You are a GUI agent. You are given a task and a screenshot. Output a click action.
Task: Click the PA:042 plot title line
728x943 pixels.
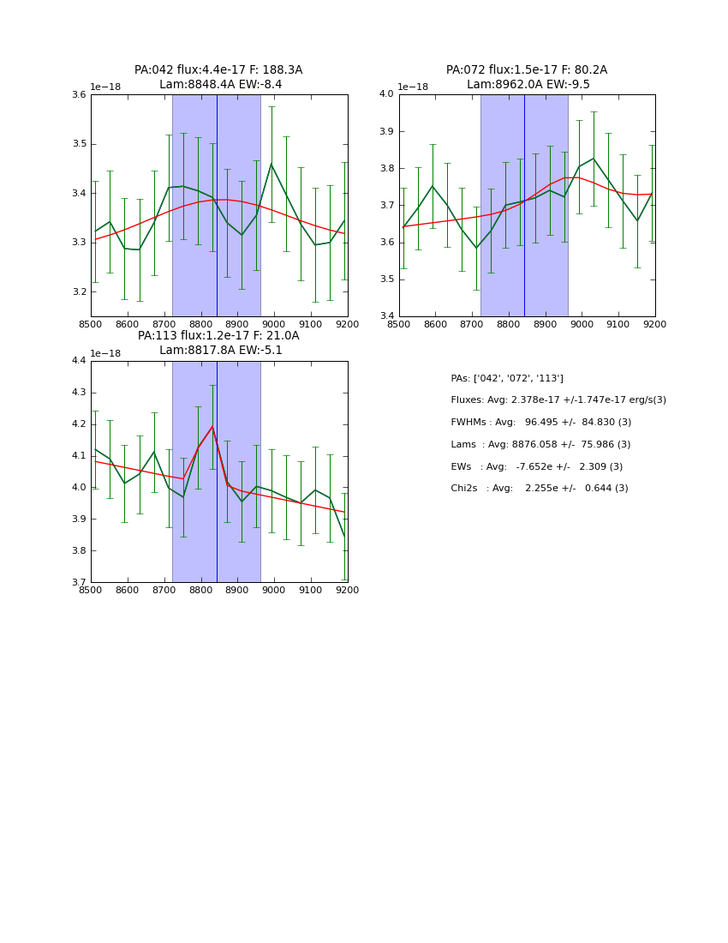click(218, 70)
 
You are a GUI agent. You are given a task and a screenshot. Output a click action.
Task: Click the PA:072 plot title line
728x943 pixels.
click(527, 70)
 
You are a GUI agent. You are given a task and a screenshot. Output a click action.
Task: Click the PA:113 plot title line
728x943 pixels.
click(218, 336)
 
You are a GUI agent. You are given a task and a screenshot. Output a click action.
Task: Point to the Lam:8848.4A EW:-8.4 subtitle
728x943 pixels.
click(220, 85)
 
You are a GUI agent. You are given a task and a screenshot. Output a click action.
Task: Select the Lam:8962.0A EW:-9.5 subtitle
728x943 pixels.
click(528, 85)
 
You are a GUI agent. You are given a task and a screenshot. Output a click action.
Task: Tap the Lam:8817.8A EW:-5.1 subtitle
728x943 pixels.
click(220, 351)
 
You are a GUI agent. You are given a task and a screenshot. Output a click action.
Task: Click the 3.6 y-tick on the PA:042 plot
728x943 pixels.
click(79, 95)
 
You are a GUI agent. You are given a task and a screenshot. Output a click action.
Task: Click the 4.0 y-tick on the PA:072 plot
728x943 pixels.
click(387, 94)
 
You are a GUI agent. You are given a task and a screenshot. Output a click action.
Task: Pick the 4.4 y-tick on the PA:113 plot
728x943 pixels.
click(79, 361)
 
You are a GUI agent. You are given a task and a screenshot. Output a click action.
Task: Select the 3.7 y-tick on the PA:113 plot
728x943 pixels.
click(79, 582)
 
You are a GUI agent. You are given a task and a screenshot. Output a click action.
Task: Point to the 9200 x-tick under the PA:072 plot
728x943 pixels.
click(654, 324)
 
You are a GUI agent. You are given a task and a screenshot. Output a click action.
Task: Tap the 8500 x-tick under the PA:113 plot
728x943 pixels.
click(91, 590)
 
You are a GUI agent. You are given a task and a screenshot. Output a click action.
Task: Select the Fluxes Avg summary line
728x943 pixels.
click(558, 400)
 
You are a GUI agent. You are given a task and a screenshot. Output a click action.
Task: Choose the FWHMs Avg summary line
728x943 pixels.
click(541, 423)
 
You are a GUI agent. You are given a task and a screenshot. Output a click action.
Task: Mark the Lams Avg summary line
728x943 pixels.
click(540, 445)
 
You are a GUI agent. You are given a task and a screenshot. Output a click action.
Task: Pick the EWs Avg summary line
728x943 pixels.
click(537, 467)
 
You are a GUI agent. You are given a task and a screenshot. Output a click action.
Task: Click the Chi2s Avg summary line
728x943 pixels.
click(540, 489)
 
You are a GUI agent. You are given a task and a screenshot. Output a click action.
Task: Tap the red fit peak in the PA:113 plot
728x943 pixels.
click(212, 426)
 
